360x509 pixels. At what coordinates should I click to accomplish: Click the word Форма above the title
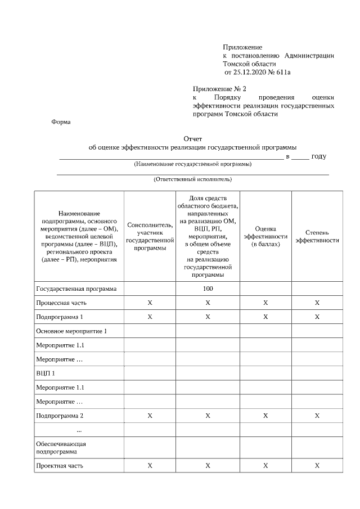(61, 121)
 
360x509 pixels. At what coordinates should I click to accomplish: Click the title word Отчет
(192, 138)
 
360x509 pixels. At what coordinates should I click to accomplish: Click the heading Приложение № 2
(219, 89)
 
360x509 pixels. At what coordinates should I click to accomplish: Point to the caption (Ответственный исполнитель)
(192, 179)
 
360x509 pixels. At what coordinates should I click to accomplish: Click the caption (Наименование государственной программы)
(192, 164)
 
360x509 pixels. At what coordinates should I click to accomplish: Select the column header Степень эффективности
(317, 236)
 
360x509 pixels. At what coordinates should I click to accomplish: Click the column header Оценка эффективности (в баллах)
(265, 237)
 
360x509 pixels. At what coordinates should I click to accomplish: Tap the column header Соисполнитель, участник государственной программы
(150, 236)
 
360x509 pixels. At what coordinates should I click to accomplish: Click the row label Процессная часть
(62, 303)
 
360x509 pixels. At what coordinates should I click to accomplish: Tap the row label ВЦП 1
(46, 373)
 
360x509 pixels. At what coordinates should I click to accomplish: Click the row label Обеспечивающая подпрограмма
(61, 447)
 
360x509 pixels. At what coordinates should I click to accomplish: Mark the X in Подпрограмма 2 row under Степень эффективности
(317, 416)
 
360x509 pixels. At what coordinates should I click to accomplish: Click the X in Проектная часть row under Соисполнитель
(150, 466)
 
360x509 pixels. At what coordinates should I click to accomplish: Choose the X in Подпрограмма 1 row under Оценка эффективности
(265, 317)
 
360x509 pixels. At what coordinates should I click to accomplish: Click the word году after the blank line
(318, 156)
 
